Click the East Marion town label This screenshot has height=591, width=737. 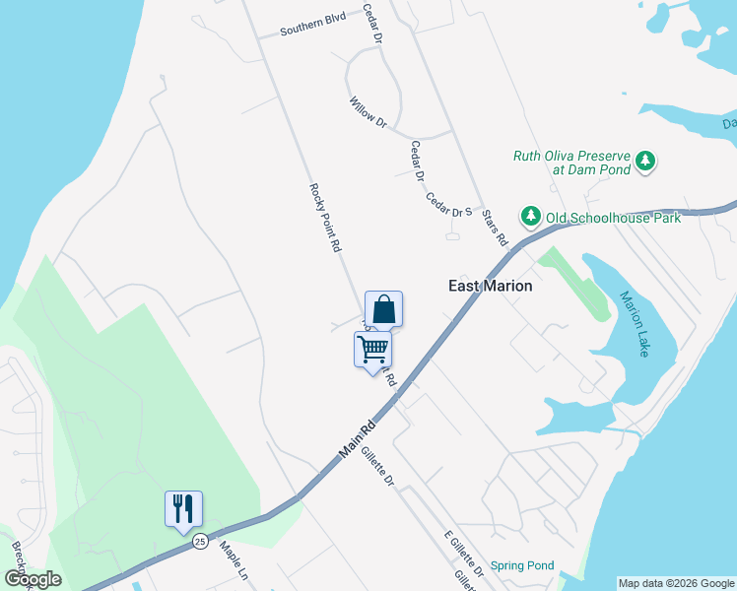point(491,286)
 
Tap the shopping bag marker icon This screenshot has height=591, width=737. point(383,308)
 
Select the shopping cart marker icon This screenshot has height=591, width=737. point(372,349)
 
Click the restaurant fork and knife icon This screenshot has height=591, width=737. point(183,508)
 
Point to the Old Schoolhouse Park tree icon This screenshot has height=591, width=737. point(531,216)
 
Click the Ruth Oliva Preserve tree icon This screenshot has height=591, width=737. point(645,161)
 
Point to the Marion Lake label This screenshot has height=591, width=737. point(635,323)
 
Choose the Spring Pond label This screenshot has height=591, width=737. point(522,565)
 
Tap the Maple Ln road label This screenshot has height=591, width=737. point(234,559)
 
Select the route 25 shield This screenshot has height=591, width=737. point(200,541)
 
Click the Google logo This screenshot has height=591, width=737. point(33,579)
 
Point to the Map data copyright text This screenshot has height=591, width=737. point(676,583)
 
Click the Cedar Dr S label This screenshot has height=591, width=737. point(449,204)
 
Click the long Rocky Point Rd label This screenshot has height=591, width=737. point(324,218)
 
